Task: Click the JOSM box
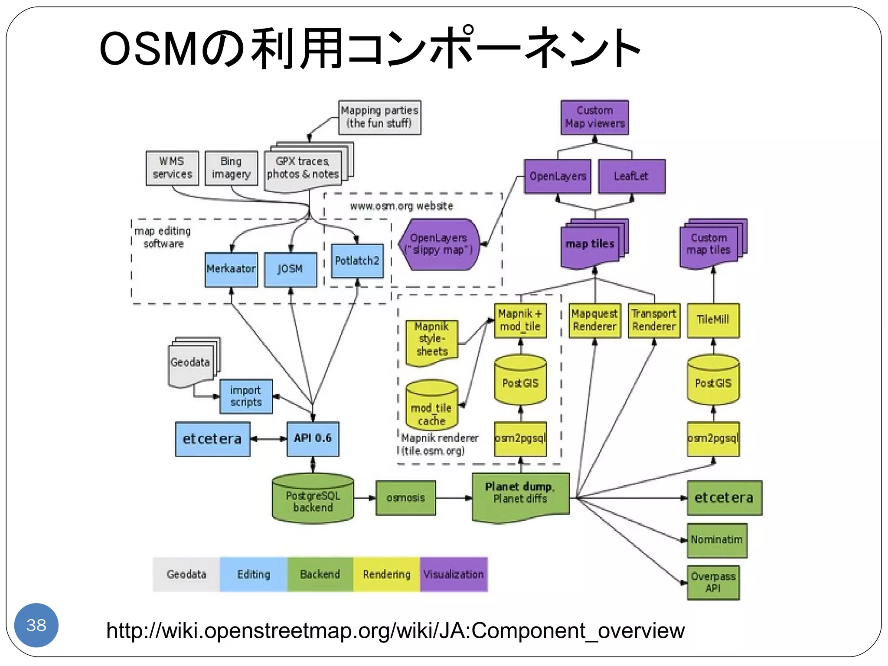click(291, 269)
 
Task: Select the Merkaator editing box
click(231, 269)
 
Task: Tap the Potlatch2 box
click(357, 261)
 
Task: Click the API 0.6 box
click(313, 438)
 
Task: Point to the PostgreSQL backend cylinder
click(313, 499)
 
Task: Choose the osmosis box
click(405, 498)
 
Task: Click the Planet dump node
click(520, 495)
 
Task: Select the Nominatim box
click(717, 540)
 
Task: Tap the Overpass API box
click(713, 582)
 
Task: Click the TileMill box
click(713, 320)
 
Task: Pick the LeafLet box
click(631, 176)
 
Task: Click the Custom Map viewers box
click(594, 118)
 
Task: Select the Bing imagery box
click(231, 168)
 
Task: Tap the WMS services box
click(172, 168)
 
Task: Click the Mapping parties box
click(379, 117)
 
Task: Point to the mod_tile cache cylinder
click(431, 406)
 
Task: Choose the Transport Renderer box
click(654, 320)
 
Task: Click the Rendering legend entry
click(386, 575)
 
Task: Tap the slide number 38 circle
click(36, 625)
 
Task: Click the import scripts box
click(246, 396)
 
